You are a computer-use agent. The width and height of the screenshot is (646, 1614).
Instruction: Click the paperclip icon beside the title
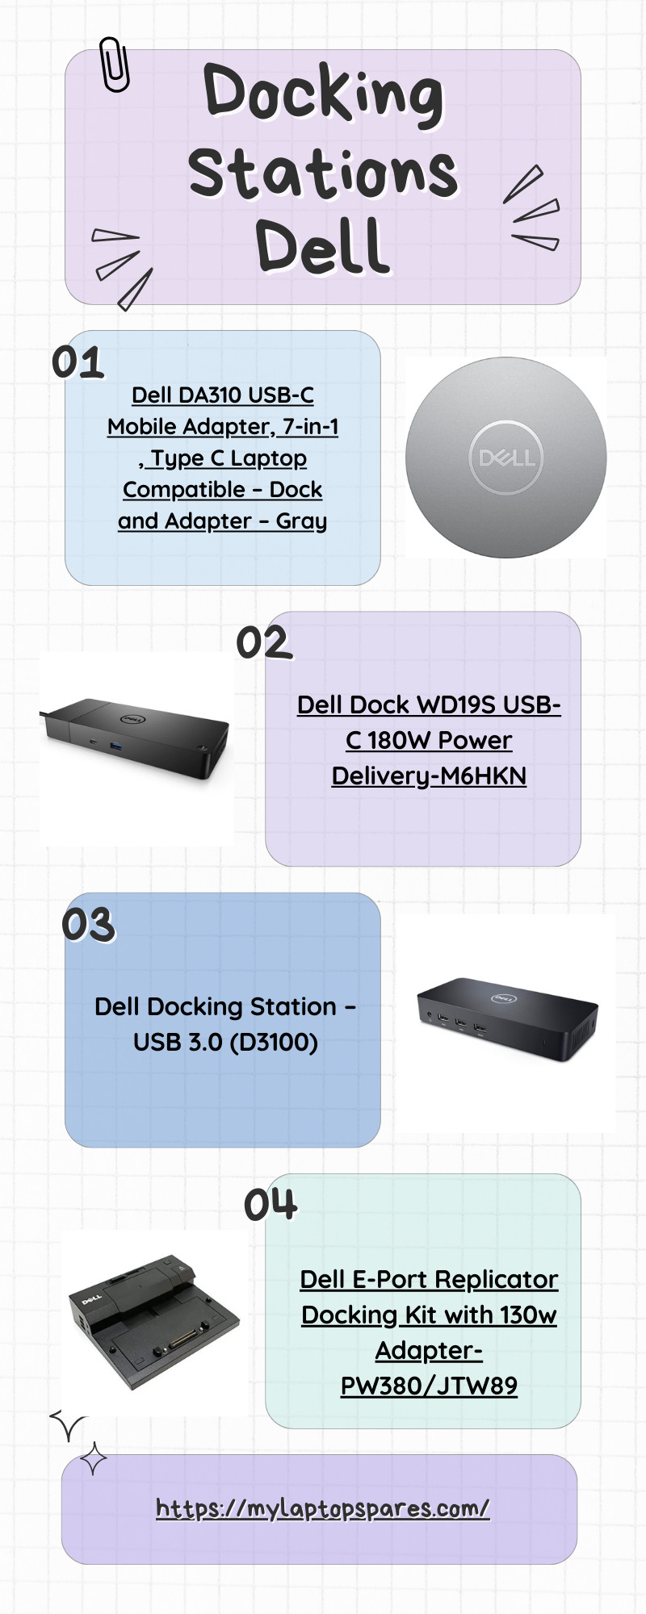click(x=114, y=64)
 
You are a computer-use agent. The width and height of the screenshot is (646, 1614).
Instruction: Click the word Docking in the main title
click(x=323, y=93)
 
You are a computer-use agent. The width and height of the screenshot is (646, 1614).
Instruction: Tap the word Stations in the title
click(x=323, y=172)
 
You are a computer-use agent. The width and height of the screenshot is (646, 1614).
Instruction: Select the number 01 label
click(x=78, y=362)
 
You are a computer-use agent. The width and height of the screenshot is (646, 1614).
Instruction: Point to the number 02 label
click(x=263, y=643)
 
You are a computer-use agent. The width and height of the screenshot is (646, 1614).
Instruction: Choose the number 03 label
click(x=89, y=925)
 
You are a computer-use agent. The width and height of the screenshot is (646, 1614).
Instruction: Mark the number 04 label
click(x=271, y=1205)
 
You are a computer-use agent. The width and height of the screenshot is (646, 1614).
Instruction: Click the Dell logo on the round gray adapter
click(x=506, y=458)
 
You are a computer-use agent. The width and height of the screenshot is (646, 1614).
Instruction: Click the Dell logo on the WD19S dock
click(x=132, y=719)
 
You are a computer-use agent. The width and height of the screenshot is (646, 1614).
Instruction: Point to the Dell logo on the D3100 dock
click(x=504, y=998)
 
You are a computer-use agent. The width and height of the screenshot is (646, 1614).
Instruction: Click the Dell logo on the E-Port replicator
click(x=91, y=1299)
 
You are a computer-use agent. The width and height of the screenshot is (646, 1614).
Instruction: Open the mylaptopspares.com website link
click(x=322, y=1508)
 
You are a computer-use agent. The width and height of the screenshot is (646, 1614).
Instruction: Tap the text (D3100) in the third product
click(x=274, y=1042)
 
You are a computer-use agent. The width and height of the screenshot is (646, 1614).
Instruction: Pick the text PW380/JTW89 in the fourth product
click(x=429, y=1386)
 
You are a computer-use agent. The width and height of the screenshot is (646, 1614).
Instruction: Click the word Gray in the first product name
click(x=301, y=521)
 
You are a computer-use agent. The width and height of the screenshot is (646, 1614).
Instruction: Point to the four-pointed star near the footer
click(x=94, y=1459)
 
